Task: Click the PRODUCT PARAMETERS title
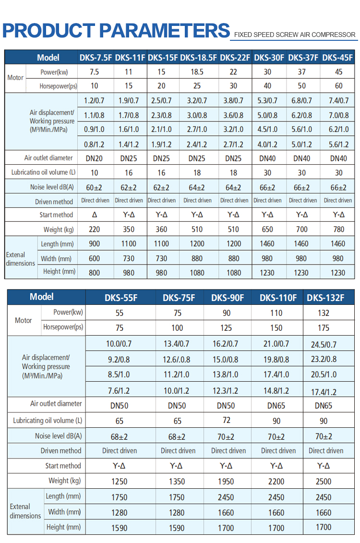pos(116,30)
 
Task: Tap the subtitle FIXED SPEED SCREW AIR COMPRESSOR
pos(295,35)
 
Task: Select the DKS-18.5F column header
pos(199,58)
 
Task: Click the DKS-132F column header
pos(325,298)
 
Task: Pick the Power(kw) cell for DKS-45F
pos(338,72)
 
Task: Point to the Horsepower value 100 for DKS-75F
pos(177,327)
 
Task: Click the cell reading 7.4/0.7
pos(338,100)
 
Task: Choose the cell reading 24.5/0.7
pos(324,345)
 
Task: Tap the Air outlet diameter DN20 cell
pos(94,158)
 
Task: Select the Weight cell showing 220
pos(94,229)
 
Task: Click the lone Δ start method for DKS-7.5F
pos(95,215)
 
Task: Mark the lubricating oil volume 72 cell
pos(227,420)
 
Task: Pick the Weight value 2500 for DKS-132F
pos(324,482)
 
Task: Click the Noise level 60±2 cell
pos(94,187)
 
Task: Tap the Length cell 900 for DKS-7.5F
pos(94,244)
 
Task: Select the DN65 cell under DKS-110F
pos(276,406)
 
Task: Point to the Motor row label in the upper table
pos(15,78)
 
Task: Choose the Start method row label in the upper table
pos(56,215)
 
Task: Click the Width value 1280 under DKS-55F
pos(120,513)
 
